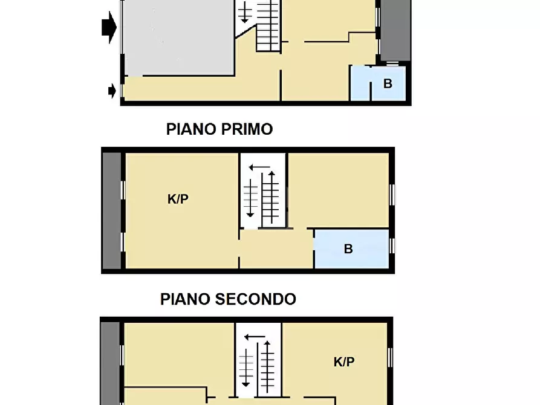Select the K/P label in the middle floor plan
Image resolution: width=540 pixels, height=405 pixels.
point(178,199)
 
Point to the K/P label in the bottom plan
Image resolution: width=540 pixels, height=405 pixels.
point(344,362)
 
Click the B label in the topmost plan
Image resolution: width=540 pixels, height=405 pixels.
point(388,84)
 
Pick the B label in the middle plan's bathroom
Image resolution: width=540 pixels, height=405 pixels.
point(348,248)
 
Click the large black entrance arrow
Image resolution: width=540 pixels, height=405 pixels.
point(109,27)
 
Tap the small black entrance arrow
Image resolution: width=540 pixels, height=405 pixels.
point(112,91)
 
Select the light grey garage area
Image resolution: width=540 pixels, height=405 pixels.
point(178,36)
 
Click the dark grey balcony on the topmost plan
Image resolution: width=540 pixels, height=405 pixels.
point(395,30)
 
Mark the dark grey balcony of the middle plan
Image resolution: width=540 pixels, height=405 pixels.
point(111,210)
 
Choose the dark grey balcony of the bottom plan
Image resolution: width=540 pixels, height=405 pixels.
point(110,363)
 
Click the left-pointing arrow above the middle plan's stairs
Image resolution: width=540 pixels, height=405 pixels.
point(261,167)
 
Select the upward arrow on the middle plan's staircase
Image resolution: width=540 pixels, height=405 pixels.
point(272,196)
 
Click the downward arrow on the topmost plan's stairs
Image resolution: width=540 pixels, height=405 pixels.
point(244,12)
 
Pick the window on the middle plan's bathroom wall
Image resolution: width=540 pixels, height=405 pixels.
point(392,246)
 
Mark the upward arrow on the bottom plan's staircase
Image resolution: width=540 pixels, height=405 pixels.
point(267,366)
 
